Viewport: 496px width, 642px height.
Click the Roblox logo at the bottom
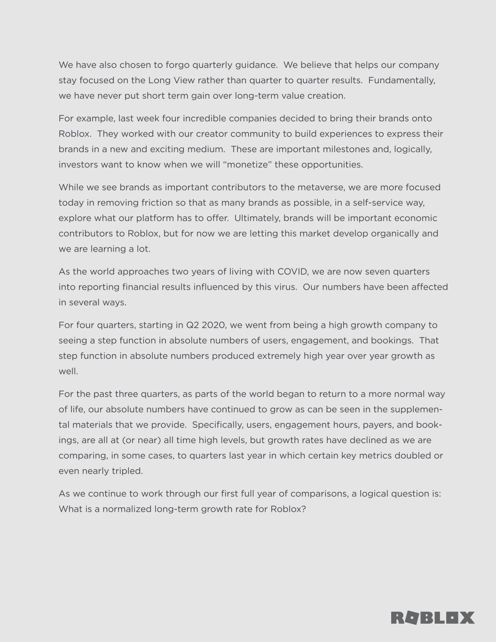[x=433, y=618]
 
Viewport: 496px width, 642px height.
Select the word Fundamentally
[x=402, y=80]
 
